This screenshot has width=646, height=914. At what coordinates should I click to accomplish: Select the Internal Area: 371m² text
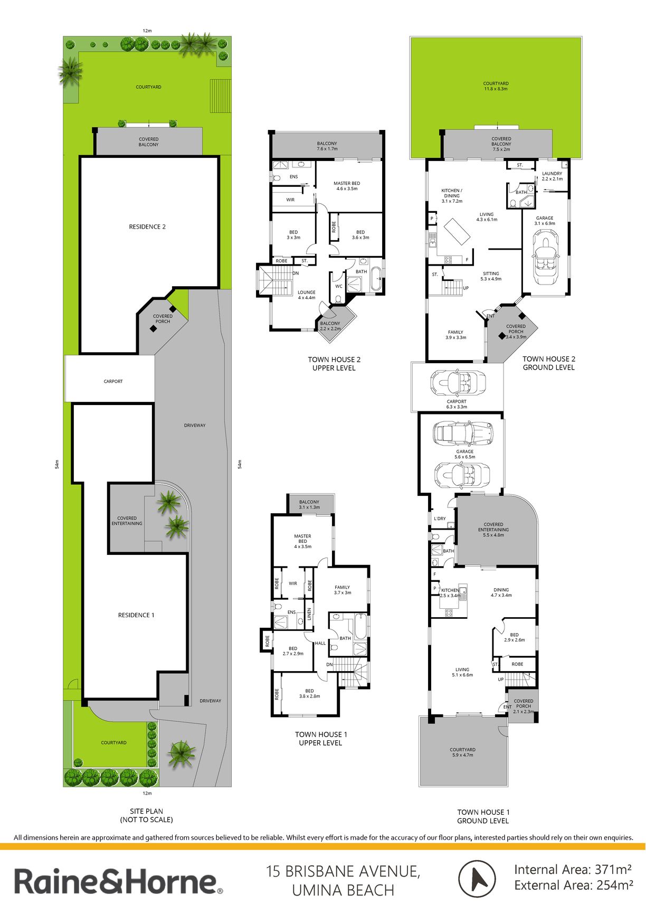pyautogui.click(x=573, y=869)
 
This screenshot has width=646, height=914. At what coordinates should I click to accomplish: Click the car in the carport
pyautogui.click(x=458, y=381)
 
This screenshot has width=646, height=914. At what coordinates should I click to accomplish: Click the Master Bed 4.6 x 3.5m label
pyautogui.click(x=347, y=186)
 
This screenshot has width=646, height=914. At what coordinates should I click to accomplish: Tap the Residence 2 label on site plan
pyautogui.click(x=147, y=227)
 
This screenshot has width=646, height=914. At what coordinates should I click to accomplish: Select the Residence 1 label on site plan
pyautogui.click(x=136, y=615)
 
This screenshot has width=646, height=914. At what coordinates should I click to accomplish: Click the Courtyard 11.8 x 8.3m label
pyautogui.click(x=496, y=86)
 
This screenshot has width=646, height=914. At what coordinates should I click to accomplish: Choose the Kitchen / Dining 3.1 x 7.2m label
pyautogui.click(x=452, y=195)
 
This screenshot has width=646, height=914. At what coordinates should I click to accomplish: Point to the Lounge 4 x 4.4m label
pyautogui.click(x=307, y=295)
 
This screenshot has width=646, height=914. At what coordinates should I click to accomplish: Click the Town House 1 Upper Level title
pyautogui.click(x=321, y=738)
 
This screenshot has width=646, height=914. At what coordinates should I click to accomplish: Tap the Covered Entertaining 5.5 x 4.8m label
pyautogui.click(x=493, y=530)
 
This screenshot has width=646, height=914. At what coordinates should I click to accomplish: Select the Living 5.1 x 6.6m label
pyautogui.click(x=462, y=672)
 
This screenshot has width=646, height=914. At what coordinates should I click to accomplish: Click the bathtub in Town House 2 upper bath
pyautogui.click(x=375, y=279)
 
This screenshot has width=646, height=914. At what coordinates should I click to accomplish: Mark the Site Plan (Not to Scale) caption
pyautogui.click(x=146, y=815)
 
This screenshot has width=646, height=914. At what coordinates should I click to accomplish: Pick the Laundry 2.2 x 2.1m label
pyautogui.click(x=552, y=176)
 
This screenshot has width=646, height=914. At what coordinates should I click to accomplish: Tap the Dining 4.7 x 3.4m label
pyautogui.click(x=501, y=592)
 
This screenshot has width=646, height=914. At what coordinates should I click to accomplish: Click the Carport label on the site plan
pyautogui.click(x=113, y=381)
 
